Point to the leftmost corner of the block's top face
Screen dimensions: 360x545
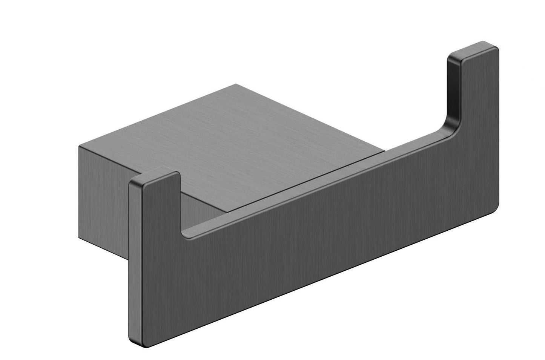79,145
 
